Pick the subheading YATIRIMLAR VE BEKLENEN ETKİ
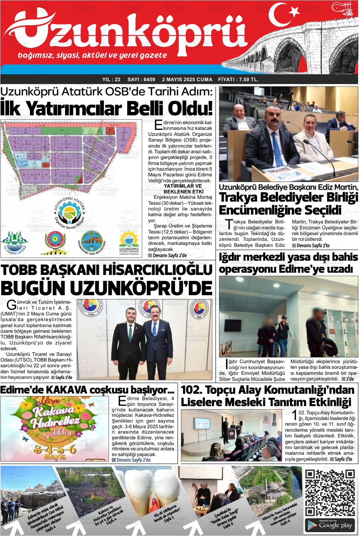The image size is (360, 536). tap(183, 189)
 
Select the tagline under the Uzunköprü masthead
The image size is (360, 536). tap(92, 55)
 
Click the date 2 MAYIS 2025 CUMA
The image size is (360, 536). tap(187, 79)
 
